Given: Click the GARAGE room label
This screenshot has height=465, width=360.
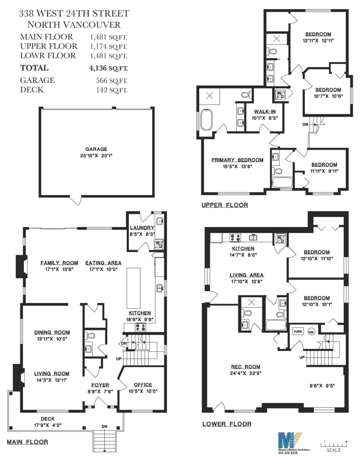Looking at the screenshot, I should pos(96,149).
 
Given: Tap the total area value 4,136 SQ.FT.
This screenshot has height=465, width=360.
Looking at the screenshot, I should pos(108,68).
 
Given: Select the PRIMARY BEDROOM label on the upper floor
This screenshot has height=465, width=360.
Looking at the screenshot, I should pos(237,160).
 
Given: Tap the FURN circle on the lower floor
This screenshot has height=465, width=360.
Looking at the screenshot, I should pos(298,331).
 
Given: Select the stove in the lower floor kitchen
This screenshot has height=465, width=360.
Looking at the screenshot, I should pos(235,237).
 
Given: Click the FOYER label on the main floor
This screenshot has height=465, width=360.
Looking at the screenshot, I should pos(100,385).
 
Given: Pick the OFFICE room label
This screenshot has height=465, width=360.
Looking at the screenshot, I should pos(143,384).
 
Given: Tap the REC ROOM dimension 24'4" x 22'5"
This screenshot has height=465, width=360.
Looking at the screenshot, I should pos(245,374).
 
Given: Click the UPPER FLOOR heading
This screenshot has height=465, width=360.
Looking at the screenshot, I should pos(224,205).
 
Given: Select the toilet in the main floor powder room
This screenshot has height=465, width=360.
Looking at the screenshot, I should pos(91,336).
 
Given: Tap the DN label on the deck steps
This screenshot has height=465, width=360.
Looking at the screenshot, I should pos(104,426).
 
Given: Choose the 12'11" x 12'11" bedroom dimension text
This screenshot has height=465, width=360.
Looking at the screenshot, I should pos(318,40).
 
